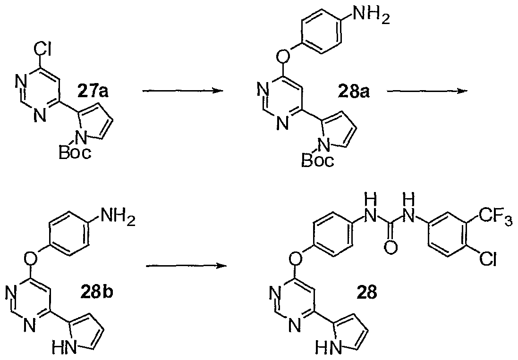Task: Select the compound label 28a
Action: pyautogui.click(x=354, y=92)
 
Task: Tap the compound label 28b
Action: pyautogui.click(x=96, y=292)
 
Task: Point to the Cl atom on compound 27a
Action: pyautogui.click(x=42, y=50)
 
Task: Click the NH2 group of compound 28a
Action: pyautogui.click(x=371, y=15)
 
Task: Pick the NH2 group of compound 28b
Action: pyautogui.click(x=118, y=218)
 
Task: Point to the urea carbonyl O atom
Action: pyautogui.click(x=391, y=248)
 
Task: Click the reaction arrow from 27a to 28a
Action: pyautogui.click(x=181, y=91)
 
